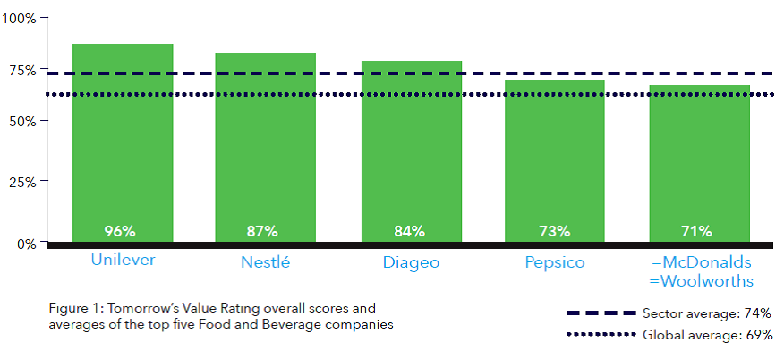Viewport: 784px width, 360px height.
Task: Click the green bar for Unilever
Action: tap(123, 143)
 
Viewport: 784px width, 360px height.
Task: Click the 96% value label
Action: tap(120, 231)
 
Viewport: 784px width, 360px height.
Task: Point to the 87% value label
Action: tap(262, 231)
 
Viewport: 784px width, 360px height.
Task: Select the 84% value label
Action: tap(409, 231)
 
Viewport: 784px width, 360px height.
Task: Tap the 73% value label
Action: tap(554, 231)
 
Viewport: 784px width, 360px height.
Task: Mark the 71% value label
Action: tap(696, 231)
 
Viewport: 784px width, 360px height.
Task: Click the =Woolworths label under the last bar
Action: tap(702, 281)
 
